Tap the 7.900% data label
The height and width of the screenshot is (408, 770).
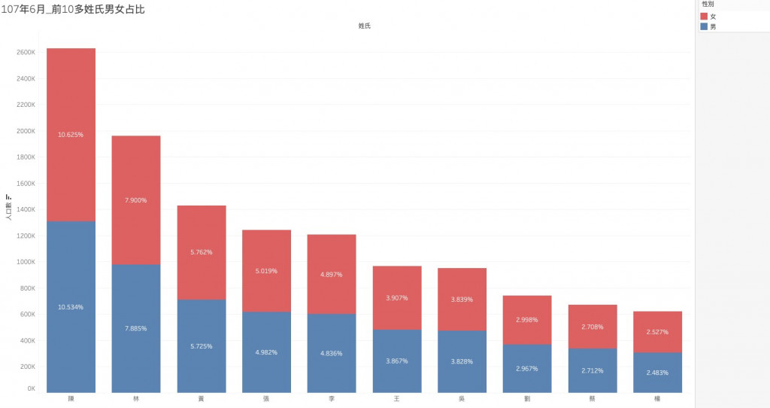[x=136, y=200]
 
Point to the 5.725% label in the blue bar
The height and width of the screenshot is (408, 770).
[x=202, y=346]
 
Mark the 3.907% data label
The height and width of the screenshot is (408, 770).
[x=397, y=298]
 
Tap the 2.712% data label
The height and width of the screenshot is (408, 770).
[x=593, y=371]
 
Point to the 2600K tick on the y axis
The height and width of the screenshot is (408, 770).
[x=26, y=53]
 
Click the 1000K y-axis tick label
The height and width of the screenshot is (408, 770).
[x=26, y=262]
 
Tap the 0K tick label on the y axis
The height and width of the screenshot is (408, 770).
[x=31, y=389]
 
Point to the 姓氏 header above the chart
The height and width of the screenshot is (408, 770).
[x=364, y=26]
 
